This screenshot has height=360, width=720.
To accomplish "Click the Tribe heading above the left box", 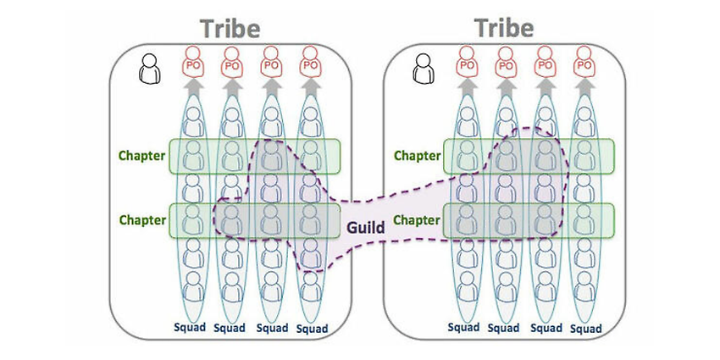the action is [230, 29].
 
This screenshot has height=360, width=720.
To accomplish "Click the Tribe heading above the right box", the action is [505, 28].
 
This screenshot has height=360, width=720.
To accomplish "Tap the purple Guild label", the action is [366, 227].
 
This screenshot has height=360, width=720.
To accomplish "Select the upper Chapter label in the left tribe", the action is [142, 156].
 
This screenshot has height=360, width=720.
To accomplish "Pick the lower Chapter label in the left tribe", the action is [142, 220].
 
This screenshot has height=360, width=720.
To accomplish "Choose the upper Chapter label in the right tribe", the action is [417, 156].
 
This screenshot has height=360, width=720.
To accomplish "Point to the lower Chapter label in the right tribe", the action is [417, 220].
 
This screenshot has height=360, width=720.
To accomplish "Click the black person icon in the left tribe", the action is [150, 69].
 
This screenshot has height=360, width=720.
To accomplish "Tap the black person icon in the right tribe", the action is [423, 69].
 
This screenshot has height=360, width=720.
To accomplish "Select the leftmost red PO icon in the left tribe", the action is [193, 62].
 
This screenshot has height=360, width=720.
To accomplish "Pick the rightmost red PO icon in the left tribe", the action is [310, 62].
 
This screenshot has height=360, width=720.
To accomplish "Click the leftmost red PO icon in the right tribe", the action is [467, 61].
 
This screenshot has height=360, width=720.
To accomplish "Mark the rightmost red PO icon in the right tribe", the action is [584, 61].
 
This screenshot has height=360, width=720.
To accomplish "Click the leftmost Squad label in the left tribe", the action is [190, 328].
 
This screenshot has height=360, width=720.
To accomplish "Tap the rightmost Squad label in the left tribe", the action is [313, 329].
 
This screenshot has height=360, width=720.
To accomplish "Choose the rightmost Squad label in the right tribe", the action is [586, 329].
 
